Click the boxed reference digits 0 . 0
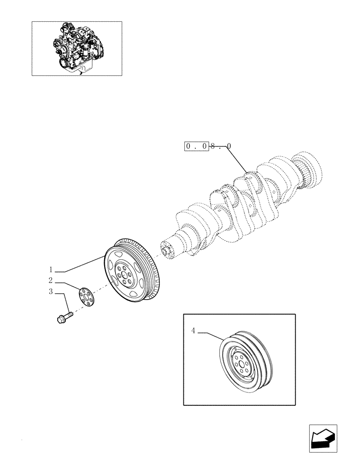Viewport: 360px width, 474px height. tap(196, 147)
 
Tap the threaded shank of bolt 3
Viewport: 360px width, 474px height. tap(69, 313)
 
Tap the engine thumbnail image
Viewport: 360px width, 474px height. tap(76, 48)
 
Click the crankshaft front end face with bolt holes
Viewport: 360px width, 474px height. tap(167, 249)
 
